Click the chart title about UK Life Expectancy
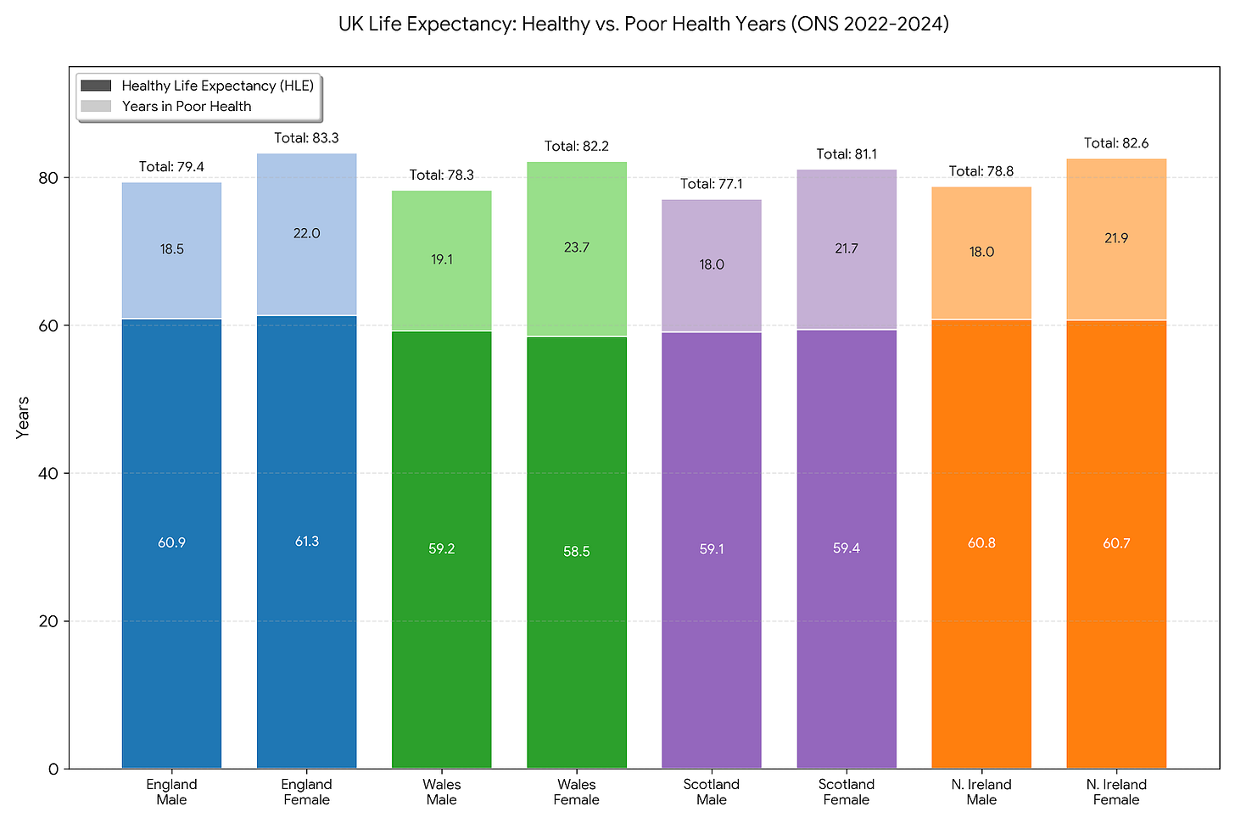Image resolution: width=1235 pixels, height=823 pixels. [643, 24]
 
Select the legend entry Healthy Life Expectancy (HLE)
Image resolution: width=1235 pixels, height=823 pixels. [217, 86]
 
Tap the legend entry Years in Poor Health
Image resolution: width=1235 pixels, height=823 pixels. [186, 107]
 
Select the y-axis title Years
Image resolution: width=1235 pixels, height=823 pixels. [23, 417]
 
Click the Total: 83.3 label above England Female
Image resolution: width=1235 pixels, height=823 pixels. [306, 138]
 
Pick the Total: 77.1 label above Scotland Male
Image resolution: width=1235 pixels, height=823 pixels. [712, 184]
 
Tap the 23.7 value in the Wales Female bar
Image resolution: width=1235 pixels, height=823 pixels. [577, 247]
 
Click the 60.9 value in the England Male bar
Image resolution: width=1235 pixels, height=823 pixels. [171, 542]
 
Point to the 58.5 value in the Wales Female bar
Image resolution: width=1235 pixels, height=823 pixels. [577, 552]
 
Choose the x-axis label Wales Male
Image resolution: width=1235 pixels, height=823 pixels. [442, 792]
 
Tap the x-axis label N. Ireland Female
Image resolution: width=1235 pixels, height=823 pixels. [1116, 792]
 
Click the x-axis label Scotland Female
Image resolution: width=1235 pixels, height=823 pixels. [847, 792]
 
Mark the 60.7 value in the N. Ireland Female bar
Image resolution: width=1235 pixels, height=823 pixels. [1116, 543]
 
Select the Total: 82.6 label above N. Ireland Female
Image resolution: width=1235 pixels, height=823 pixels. [1116, 143]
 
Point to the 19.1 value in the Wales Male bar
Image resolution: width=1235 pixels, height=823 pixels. [442, 259]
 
